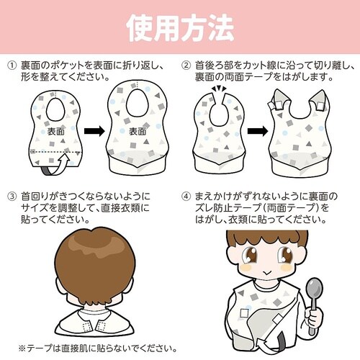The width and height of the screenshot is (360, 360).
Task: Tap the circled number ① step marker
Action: (x=12, y=66)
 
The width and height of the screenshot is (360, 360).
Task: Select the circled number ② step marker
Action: (x=186, y=66)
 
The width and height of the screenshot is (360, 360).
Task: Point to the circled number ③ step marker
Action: (x=12, y=195)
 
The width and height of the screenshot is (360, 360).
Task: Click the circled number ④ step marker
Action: (x=186, y=195)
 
